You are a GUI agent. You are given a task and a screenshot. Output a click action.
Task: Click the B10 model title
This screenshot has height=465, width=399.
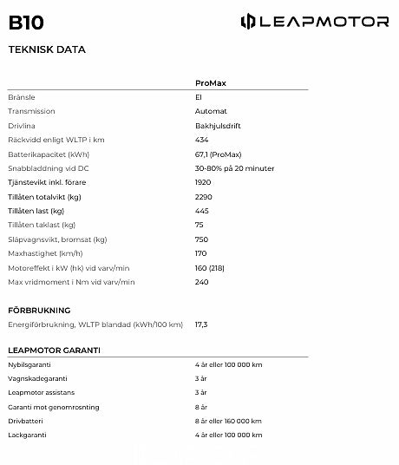tap(26, 23)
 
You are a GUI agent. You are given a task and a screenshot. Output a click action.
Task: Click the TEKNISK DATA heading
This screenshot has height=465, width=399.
tap(47, 49)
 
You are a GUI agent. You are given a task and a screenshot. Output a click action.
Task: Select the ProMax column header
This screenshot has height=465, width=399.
tap(211, 82)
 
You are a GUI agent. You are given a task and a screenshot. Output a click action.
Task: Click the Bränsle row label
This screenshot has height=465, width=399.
tap(21, 97)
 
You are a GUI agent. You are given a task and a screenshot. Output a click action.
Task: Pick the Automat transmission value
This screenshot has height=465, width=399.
tap(211, 111)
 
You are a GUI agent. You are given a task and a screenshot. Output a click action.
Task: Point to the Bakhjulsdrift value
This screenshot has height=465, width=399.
tap(218, 126)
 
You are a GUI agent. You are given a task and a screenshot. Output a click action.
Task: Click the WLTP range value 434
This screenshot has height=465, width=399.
tap(202, 140)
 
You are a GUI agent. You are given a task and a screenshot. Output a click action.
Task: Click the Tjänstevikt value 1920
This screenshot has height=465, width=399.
tap(204, 182)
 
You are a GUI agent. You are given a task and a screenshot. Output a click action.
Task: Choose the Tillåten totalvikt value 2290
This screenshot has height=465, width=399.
tap(204, 196)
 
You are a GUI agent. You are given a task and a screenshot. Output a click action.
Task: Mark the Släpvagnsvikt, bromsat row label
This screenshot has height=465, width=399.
tap(57, 239)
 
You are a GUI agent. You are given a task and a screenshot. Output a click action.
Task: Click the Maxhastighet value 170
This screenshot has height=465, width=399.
tap(201, 252)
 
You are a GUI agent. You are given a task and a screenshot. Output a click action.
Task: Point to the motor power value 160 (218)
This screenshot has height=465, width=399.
tap(210, 267)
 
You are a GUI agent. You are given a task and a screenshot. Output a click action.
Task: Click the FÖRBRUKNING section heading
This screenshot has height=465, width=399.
tap(39, 310)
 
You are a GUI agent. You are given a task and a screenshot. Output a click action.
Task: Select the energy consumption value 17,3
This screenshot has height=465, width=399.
tap(201, 324)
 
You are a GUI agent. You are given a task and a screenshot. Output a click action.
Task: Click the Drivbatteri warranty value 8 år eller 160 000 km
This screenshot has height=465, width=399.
tap(229, 421)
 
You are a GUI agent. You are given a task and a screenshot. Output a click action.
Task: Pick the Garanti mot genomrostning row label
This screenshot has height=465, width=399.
tap(54, 407)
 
